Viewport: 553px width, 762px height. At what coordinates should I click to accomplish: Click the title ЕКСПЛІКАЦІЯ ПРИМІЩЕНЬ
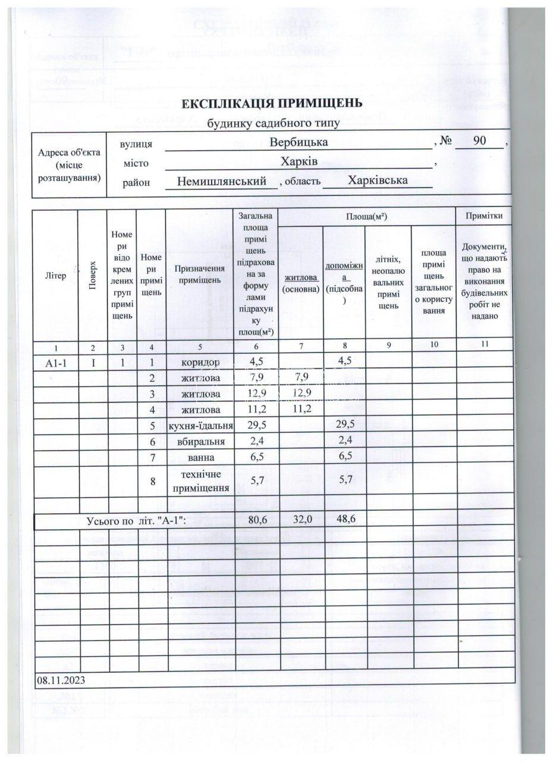click(x=272, y=103)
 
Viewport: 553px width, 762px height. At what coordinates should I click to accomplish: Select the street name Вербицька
click(x=299, y=143)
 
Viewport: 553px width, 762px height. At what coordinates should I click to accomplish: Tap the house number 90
click(x=479, y=142)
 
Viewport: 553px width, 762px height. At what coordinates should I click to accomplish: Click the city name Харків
click(x=299, y=161)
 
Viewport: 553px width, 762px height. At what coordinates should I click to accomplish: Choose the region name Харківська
click(x=378, y=180)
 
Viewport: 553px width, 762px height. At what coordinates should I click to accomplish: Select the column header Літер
click(x=55, y=275)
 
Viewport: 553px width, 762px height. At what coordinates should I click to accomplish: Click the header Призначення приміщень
click(x=200, y=274)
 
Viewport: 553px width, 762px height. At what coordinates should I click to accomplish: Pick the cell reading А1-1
click(x=55, y=363)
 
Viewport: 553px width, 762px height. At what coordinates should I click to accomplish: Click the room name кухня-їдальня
click(x=200, y=426)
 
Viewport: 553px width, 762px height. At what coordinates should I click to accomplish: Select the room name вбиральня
click(x=200, y=442)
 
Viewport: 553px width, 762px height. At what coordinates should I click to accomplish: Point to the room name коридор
click(x=200, y=362)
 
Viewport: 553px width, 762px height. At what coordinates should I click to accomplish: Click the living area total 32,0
click(x=301, y=520)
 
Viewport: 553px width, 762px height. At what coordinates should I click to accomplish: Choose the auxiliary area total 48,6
click(x=344, y=520)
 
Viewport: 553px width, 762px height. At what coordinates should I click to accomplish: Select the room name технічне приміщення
click(x=200, y=481)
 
